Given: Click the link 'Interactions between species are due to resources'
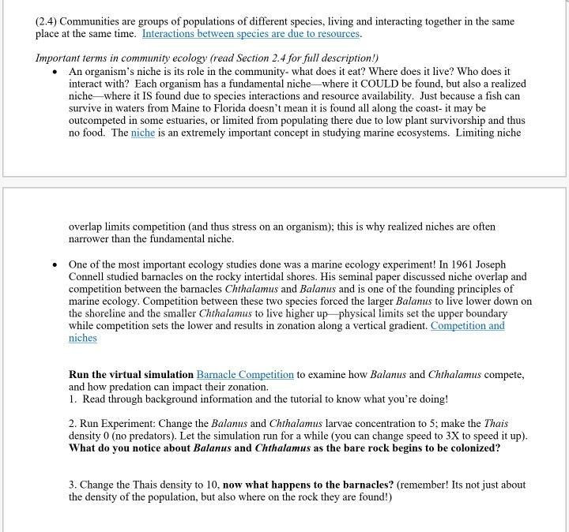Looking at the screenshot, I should coord(252,35).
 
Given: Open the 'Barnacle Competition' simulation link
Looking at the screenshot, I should coord(245,374).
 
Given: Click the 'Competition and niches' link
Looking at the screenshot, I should coord(468,325).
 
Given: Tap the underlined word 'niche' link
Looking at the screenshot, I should coord(143,133).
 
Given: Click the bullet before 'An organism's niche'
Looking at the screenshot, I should coord(52,70).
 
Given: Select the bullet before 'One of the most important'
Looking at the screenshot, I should coord(52,264).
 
